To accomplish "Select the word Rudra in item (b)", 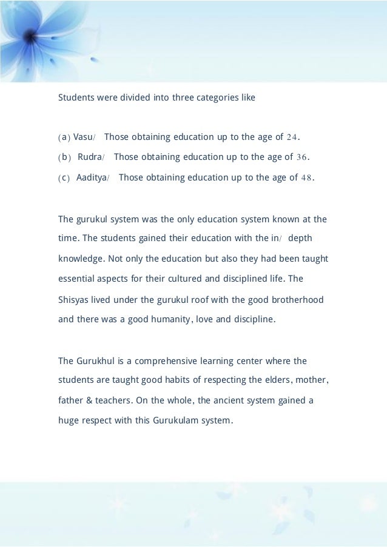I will pyautogui.click(x=89, y=157).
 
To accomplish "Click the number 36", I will pyautogui.click(x=301, y=157).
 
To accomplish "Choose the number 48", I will pyautogui.click(x=307, y=177).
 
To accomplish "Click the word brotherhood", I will pyautogui.click(x=296, y=300).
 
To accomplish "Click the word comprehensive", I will pyautogui.click(x=173, y=361).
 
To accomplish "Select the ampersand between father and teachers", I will pyautogui.click(x=93, y=401).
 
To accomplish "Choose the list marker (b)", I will pyautogui.click(x=64, y=157).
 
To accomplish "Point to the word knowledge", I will pyautogui.click(x=81, y=259).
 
